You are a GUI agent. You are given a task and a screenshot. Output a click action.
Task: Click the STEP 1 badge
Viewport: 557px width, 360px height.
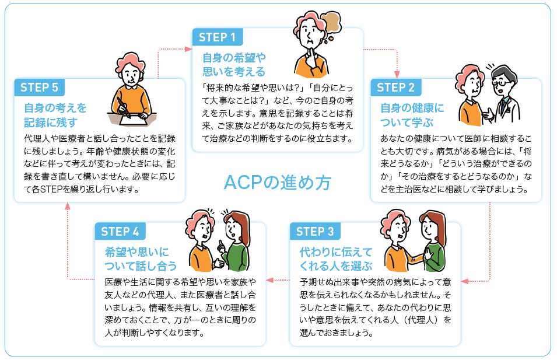click(x=217, y=37)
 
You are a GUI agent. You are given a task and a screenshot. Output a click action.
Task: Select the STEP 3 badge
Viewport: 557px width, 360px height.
click(x=314, y=231)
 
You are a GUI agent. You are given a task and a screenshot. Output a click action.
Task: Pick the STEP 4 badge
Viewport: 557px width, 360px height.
click(x=120, y=231)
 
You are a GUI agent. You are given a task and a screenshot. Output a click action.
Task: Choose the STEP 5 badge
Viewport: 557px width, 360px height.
click(x=39, y=88)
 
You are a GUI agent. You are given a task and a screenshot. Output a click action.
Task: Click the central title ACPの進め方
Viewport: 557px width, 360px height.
click(x=278, y=183)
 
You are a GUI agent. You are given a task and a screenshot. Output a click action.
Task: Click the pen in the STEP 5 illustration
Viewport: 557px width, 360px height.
click(x=122, y=106)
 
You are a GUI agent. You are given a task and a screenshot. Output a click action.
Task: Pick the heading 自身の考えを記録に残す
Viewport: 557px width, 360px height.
click(x=55, y=115)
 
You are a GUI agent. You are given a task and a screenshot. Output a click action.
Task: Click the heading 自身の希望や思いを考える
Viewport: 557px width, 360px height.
click(x=233, y=65)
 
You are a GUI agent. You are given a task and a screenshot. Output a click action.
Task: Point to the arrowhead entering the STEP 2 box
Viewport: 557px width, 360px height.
click(x=398, y=74)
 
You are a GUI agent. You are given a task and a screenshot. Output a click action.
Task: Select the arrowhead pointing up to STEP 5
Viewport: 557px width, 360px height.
click(x=68, y=206)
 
